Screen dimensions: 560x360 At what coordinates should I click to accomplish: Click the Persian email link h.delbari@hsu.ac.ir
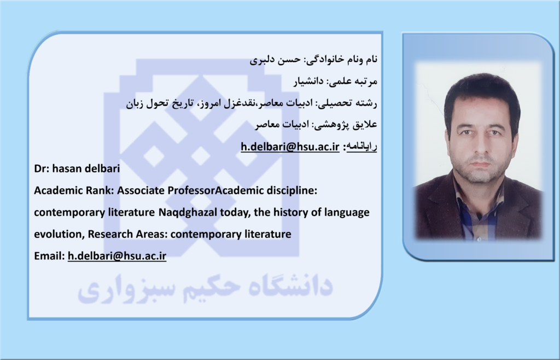pos(290,147)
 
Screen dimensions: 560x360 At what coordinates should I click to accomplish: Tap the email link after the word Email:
pos(117,256)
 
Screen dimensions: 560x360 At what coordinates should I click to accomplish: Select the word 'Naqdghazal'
pos(188,212)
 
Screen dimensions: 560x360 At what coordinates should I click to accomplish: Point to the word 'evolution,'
pos(59,234)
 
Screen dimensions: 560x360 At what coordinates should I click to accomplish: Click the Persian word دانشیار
pos(309,82)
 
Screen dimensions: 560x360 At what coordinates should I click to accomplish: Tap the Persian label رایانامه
pos(362,147)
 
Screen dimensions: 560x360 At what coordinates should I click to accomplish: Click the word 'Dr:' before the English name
pos(42,168)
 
